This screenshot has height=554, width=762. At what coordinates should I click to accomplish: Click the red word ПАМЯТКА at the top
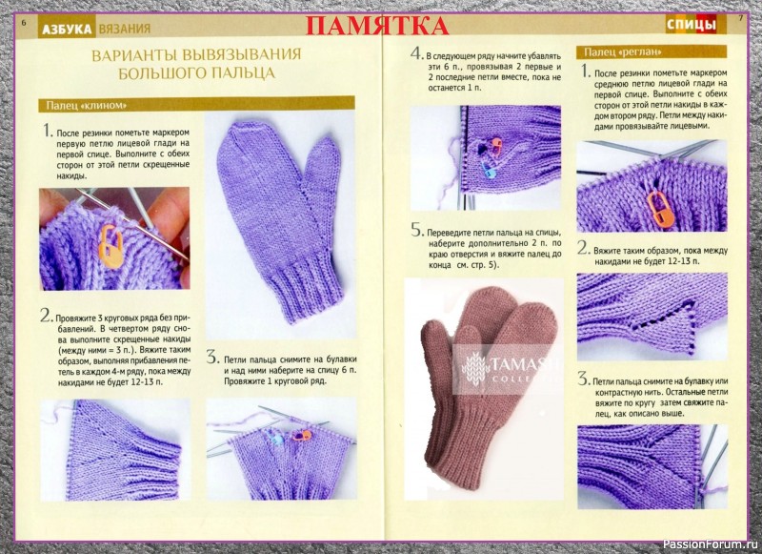click(376, 26)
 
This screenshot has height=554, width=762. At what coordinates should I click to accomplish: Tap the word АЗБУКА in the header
click(67, 29)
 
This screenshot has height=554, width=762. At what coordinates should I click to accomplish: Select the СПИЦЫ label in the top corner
click(692, 25)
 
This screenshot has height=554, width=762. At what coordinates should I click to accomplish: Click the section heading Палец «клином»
click(87, 105)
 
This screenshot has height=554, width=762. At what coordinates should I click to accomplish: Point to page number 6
click(24, 22)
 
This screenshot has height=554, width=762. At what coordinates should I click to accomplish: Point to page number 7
click(741, 18)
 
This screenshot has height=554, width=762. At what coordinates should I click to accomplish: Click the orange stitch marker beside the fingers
click(111, 246)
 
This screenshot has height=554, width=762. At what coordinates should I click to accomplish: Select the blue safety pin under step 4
click(488, 170)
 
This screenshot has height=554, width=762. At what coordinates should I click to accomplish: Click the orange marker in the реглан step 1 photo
click(659, 208)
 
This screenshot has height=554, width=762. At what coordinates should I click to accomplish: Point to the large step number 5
click(416, 230)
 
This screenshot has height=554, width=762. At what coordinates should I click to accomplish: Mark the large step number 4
click(416, 53)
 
